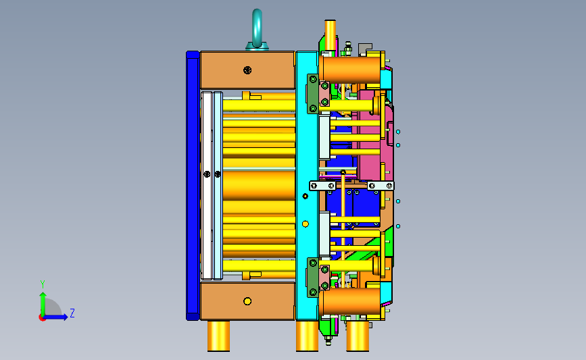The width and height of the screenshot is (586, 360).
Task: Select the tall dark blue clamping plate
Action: pyautogui.click(x=192, y=186)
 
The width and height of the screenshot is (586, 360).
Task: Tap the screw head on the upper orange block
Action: pyautogui.click(x=247, y=70)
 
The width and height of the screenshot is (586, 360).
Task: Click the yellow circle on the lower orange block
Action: pyautogui.click(x=247, y=301)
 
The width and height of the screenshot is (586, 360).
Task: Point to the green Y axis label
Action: pyautogui.click(x=43, y=284)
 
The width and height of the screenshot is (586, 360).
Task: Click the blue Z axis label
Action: pyautogui.click(x=72, y=313)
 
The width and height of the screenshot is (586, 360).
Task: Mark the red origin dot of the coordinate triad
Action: pyautogui.click(x=42, y=318)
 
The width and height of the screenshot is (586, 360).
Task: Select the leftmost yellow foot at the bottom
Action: pyautogui.click(x=218, y=336)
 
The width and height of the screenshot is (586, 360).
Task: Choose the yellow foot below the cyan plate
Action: pyautogui.click(x=308, y=336)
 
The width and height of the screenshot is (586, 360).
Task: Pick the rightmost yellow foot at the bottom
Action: pyautogui.click(x=358, y=336)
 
